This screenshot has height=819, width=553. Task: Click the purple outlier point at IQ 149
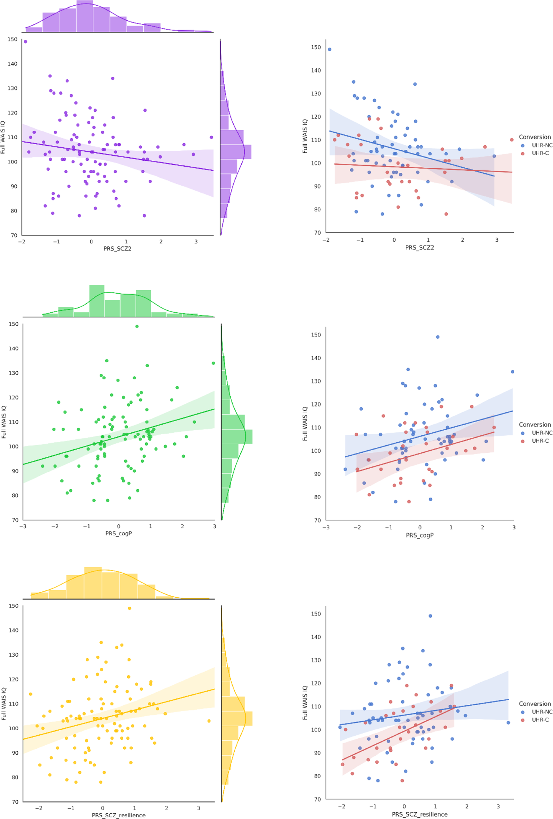tap(25, 42)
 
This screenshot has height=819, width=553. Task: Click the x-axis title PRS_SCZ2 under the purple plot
tap(117, 248)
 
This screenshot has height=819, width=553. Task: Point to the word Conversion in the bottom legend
tap(535, 703)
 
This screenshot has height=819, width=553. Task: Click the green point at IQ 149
tap(137, 326)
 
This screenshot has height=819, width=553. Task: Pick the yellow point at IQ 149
tap(129, 608)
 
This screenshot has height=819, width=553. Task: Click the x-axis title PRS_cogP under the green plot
tap(119, 533)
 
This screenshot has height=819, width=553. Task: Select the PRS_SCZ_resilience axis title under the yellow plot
tap(119, 815)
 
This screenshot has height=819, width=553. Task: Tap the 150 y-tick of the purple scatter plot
tap(12, 40)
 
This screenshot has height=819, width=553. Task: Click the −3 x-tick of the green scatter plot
tap(23, 526)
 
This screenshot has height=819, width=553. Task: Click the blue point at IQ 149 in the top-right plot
tap(329, 49)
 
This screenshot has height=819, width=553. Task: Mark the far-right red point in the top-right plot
tap(511, 140)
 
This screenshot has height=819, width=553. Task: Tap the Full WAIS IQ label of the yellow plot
tap(4, 703)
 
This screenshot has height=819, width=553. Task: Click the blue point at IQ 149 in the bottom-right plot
tap(430, 616)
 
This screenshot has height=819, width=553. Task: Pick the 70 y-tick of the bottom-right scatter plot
tap(317, 799)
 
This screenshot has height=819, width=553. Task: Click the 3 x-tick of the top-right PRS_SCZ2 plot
tap(497, 240)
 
